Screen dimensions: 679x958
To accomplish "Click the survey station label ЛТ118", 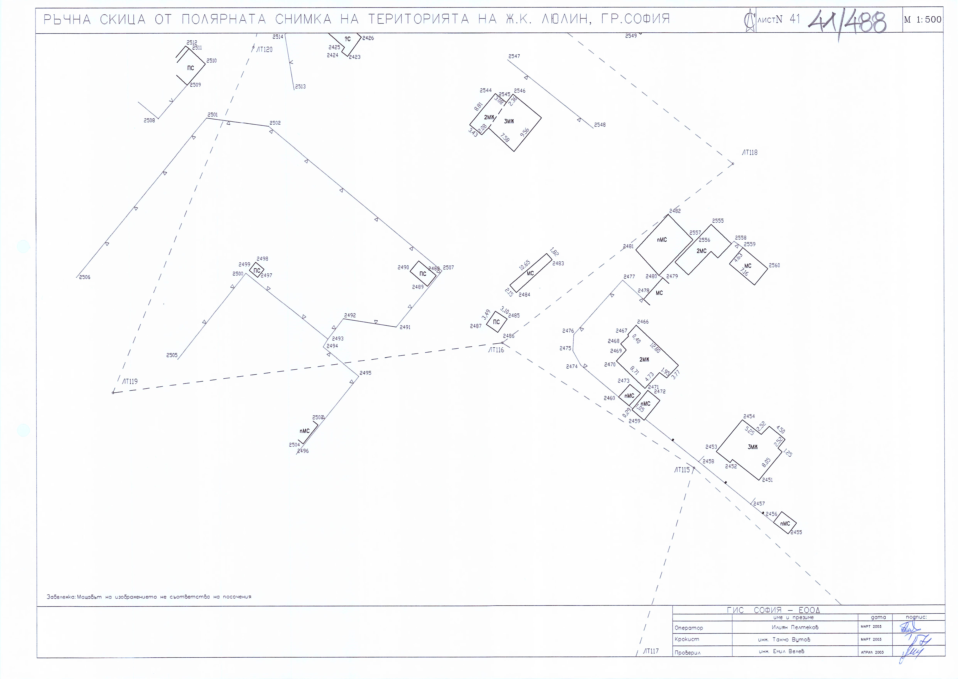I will point(749,153).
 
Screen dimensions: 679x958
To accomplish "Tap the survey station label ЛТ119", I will point(130,381).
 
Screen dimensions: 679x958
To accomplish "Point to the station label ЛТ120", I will point(264,49).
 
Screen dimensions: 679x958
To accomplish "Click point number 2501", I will point(212,115).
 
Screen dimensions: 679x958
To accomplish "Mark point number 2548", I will point(600,125).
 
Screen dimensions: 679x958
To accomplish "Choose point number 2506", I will point(85,277).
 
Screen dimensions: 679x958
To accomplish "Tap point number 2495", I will point(365,373).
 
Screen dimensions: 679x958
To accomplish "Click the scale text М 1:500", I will point(923,19).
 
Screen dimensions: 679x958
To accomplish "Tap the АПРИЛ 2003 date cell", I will point(872,652).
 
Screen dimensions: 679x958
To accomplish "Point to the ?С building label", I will point(347,39).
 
